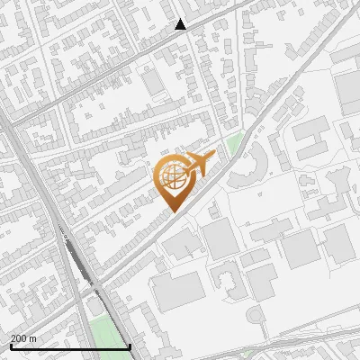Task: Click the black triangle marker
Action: click(x=181, y=24)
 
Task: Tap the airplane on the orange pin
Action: click(x=200, y=164)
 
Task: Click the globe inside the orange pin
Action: click(x=171, y=177)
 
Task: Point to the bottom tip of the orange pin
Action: click(x=171, y=211)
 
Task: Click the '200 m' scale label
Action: click(x=23, y=338)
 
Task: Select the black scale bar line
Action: click(x=70, y=346)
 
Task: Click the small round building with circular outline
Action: click(x=254, y=314)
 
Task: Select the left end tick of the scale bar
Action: click(x=11, y=346)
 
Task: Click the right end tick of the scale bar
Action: click(x=130, y=346)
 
